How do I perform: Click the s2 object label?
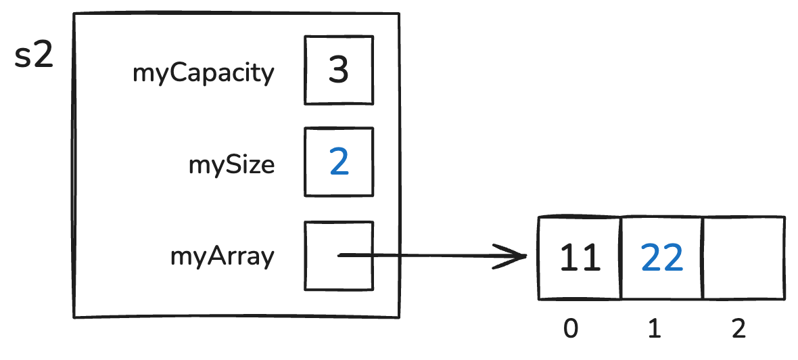tap(34, 57)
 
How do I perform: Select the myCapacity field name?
tap(204, 73)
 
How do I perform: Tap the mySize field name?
tap(232, 164)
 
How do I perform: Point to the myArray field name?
tap(222, 257)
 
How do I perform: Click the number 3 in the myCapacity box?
tap(338, 70)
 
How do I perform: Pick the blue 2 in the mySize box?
tap(338, 162)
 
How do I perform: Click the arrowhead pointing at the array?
tap(517, 256)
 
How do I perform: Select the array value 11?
tap(580, 258)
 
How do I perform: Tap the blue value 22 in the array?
tap(661, 258)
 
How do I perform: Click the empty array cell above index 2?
tap(744, 258)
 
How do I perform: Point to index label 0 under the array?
tap(571, 329)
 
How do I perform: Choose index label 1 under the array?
tap(654, 329)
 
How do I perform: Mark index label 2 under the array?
tap(738, 329)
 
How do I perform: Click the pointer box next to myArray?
tap(338, 256)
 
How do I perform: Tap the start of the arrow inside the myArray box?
tap(339, 255)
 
